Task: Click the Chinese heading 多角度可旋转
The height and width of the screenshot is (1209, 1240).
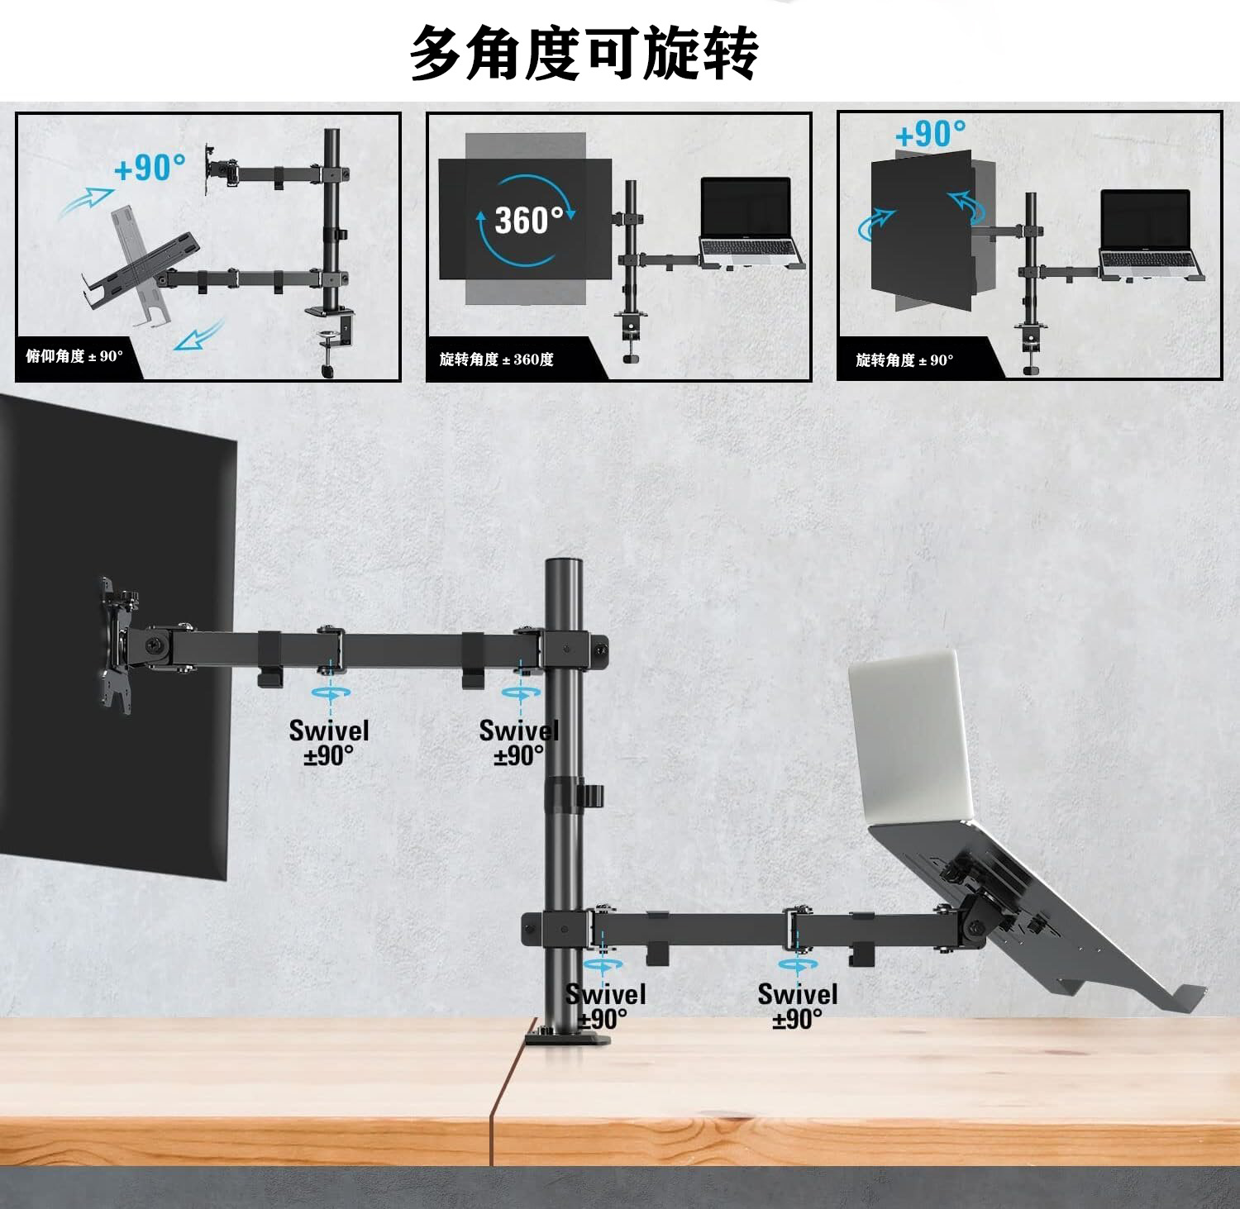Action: tap(584, 52)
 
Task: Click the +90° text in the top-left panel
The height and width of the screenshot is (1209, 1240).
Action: tap(150, 168)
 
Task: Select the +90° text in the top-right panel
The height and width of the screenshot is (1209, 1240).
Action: tap(930, 134)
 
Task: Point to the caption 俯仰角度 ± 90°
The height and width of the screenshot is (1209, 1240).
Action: tap(74, 356)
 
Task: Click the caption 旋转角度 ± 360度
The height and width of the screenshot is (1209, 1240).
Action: tap(496, 359)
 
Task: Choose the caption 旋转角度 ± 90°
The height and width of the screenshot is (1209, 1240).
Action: tap(904, 360)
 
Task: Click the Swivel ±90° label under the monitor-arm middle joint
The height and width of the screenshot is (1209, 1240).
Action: tap(328, 742)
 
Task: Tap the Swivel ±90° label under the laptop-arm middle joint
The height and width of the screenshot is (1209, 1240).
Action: tap(797, 1006)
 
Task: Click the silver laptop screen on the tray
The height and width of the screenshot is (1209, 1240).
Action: tap(909, 735)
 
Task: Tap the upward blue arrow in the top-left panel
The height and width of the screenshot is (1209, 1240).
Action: tap(88, 200)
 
